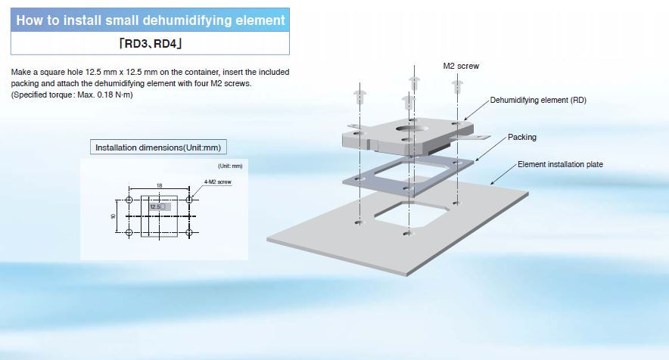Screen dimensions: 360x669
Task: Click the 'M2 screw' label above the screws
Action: click(461, 66)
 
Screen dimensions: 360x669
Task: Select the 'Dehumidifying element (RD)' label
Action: click(538, 100)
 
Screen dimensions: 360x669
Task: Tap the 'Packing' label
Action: click(522, 137)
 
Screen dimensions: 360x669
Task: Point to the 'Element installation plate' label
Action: click(560, 164)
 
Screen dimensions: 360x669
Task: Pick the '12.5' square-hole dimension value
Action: click(154, 206)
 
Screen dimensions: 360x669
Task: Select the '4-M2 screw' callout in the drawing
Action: click(217, 182)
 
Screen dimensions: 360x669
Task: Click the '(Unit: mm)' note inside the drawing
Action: click(230, 166)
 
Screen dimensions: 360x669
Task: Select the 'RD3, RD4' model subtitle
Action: click(150, 43)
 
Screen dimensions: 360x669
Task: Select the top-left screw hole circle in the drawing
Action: click(129, 200)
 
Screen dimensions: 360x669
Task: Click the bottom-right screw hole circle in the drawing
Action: click(190, 231)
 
